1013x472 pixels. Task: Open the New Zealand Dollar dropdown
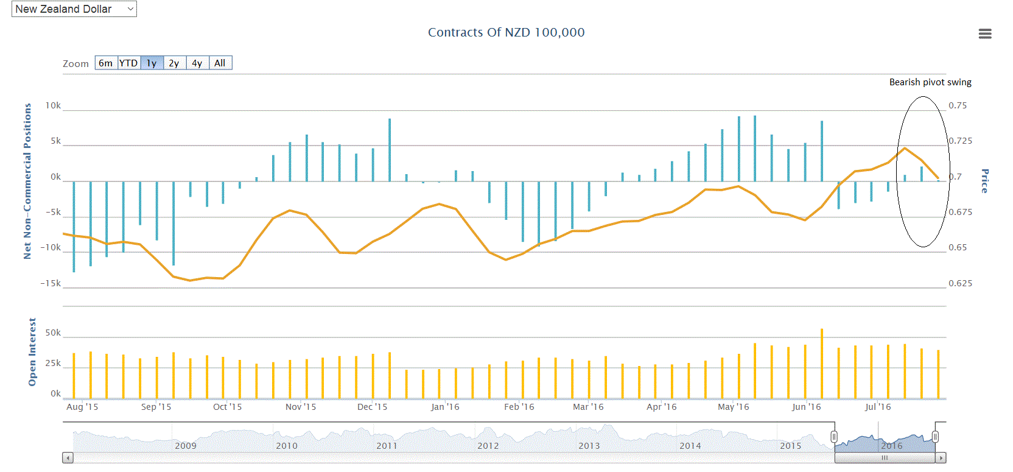74,9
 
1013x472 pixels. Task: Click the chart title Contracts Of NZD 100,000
506,32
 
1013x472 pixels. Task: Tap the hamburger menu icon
984,34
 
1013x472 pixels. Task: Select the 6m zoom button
106,63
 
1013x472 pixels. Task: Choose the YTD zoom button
128,63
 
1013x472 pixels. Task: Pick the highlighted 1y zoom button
152,63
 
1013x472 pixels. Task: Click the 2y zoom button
174,63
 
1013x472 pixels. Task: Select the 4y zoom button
197,63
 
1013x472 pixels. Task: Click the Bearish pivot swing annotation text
930,82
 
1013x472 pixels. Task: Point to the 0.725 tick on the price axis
960,141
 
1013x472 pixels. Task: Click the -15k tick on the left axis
51,283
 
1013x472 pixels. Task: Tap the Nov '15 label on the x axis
301,407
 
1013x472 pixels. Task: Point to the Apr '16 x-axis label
661,407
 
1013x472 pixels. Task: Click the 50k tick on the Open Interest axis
53,333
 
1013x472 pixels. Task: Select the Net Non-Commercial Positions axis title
27,181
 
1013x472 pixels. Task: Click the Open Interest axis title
32,351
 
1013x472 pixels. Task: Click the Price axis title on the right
984,181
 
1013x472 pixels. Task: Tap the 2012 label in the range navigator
488,446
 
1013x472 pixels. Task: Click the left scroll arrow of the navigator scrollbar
68,457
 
